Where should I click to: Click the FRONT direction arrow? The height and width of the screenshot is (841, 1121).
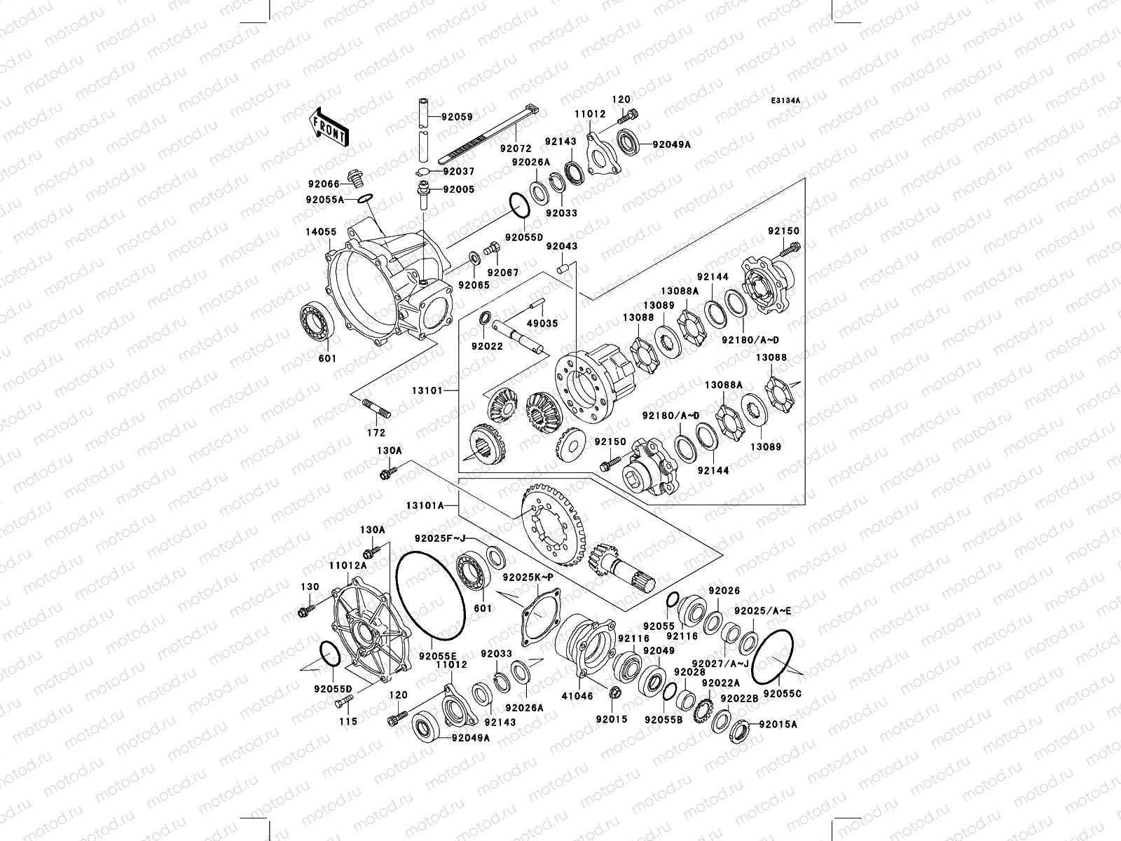pos(330,127)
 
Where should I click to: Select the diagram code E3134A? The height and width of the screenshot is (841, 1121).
pos(785,101)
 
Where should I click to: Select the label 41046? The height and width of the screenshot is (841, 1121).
pos(578,697)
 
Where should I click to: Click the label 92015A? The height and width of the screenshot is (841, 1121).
pos(778,725)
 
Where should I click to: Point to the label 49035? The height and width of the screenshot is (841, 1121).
pos(542,324)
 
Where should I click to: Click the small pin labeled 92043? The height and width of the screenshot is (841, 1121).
pos(562,268)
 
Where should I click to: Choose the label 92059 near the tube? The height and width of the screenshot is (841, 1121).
pos(457,118)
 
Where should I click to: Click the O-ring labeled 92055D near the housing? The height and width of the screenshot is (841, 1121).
pos(517,206)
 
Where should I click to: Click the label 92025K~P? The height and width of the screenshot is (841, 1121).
pos(528,577)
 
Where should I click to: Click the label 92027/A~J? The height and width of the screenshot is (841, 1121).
pos(720,663)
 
